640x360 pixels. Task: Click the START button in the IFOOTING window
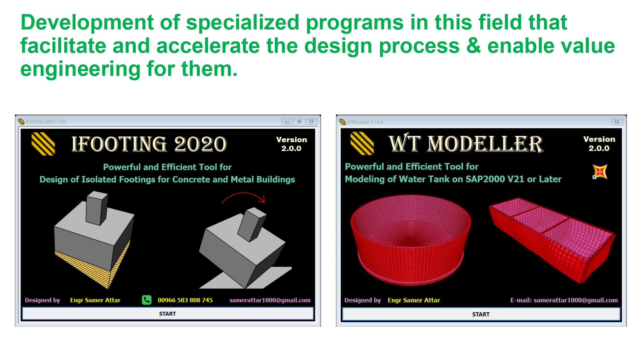click(x=168, y=314)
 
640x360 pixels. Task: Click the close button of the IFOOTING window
click(x=311, y=122)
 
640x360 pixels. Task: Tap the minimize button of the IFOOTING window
click(x=287, y=122)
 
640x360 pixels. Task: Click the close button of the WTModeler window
click(x=617, y=122)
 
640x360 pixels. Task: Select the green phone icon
click(x=147, y=300)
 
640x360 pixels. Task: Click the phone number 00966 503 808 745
click(x=185, y=300)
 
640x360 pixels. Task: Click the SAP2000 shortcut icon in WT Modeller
click(x=600, y=172)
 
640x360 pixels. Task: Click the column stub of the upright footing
click(x=96, y=208)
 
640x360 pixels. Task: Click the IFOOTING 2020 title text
click(x=149, y=144)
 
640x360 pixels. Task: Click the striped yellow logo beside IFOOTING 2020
click(x=43, y=144)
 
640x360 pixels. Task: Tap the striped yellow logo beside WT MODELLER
click(x=362, y=144)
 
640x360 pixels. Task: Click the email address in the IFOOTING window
click(x=270, y=300)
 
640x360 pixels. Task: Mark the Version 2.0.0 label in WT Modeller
click(x=599, y=144)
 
